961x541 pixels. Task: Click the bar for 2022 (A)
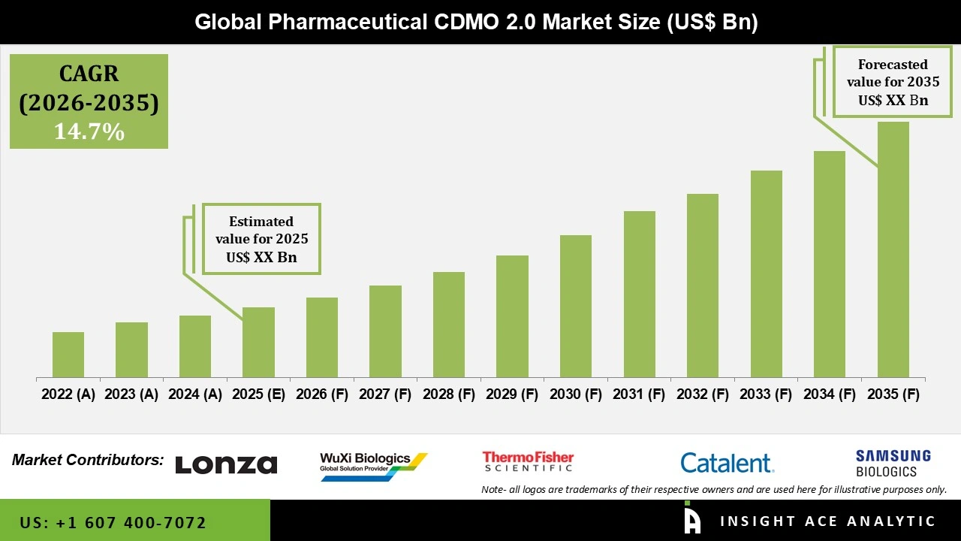tap(68, 355)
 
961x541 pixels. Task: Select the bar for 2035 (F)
tap(893, 249)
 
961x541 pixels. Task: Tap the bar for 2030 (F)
tap(576, 306)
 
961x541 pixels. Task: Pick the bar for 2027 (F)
tap(385, 331)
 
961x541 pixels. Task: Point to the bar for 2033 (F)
tap(766, 274)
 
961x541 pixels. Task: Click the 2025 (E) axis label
tap(258, 394)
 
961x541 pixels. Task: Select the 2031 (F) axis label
tap(639, 394)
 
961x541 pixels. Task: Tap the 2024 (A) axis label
tap(195, 394)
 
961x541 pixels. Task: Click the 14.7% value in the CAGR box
tap(89, 131)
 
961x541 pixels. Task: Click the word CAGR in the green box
tap(89, 74)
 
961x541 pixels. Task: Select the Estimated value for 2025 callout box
tap(261, 239)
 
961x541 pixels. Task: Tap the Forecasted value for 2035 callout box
tap(893, 82)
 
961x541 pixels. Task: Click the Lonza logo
tap(226, 464)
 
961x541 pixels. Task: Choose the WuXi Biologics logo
tap(372, 465)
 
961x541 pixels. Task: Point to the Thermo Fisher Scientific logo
tap(528, 461)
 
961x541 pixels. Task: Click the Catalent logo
tap(727, 462)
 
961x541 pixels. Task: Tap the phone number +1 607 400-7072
tap(113, 522)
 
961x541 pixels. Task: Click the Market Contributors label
tap(88, 459)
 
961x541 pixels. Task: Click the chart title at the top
tap(476, 23)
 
